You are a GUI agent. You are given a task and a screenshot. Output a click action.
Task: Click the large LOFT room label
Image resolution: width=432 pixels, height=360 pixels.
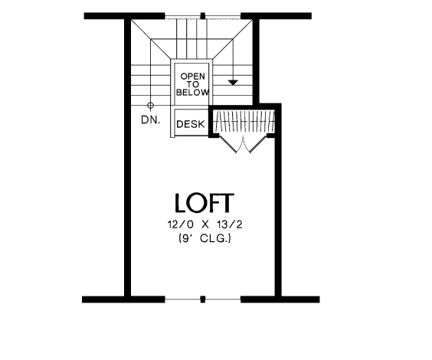pos(205,203)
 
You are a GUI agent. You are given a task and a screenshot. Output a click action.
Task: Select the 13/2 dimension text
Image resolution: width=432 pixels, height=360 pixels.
pos(230,224)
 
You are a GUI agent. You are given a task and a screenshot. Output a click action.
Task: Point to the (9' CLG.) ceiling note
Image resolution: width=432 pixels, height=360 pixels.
pos(205,238)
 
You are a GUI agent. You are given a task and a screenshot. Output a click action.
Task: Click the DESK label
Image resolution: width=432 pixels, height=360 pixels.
pos(191,124)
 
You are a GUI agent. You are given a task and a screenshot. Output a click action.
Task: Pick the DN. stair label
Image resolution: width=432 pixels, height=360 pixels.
pos(150,119)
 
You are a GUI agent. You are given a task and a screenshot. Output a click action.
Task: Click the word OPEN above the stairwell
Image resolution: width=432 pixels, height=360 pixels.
pos(192,77)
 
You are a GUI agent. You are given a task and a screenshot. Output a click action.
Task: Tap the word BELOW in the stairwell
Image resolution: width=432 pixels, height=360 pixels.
pos(192,93)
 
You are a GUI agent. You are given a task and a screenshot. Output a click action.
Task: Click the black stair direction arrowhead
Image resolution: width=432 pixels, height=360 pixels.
pos(233,82)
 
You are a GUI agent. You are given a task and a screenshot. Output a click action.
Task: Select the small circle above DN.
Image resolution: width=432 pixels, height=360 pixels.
pos(150,105)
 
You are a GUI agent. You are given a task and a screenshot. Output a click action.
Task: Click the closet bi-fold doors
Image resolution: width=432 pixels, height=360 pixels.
pos(243,144)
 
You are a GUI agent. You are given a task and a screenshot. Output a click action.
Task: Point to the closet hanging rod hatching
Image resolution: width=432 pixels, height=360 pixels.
pos(244,121)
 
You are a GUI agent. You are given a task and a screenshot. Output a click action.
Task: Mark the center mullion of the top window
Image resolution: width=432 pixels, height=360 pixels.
pos(203,15)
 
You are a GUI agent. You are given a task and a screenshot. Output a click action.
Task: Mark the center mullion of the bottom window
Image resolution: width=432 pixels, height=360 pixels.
pos(203,299)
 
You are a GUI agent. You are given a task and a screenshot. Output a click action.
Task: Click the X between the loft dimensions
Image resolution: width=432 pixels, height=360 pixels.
pos(205,224)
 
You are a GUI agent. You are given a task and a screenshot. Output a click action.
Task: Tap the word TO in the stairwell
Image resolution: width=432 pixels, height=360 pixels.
pos(193,84)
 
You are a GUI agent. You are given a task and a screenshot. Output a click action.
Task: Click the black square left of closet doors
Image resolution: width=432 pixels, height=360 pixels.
pos(214,135)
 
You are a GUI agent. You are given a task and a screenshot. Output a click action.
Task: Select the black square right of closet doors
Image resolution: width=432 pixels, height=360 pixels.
pos(271,135)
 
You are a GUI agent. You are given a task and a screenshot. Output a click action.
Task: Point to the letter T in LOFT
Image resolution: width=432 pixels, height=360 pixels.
pos(227,203)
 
